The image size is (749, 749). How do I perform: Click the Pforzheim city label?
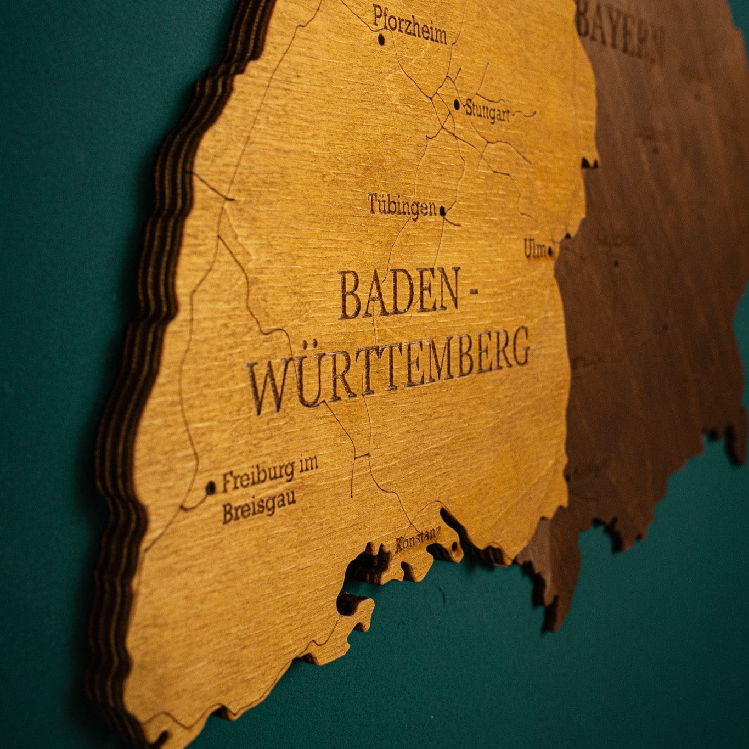click(x=410, y=25)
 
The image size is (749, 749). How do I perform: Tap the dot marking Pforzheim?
click(x=381, y=40)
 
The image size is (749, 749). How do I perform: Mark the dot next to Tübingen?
click(x=442, y=209)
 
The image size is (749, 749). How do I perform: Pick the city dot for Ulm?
click(x=550, y=252)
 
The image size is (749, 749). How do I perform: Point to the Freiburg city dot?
click(x=211, y=487)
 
